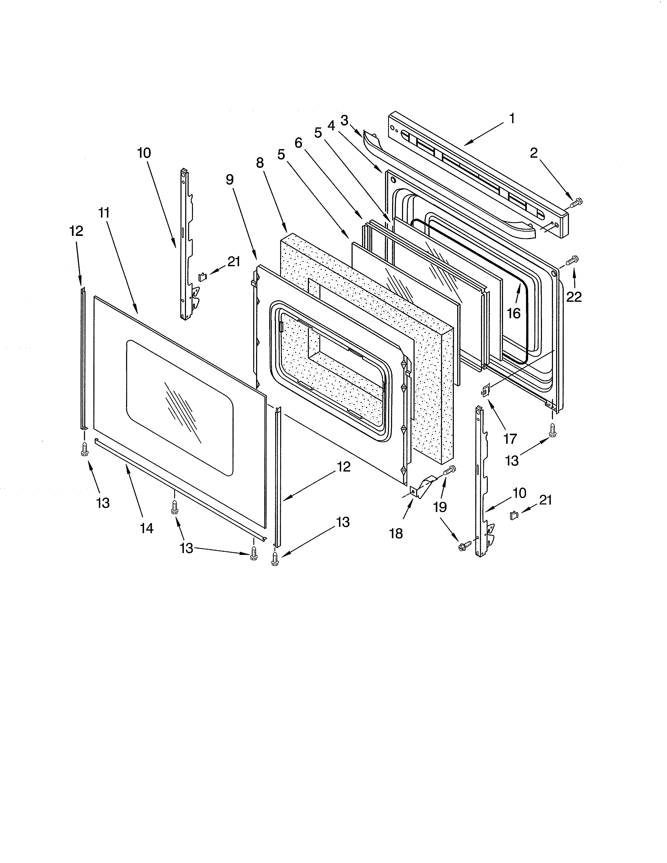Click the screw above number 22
coord(572,261)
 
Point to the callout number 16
coord(514,313)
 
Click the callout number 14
coord(146,528)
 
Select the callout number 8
coord(260,162)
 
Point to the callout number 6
coord(298,143)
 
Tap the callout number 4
coord(331,125)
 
